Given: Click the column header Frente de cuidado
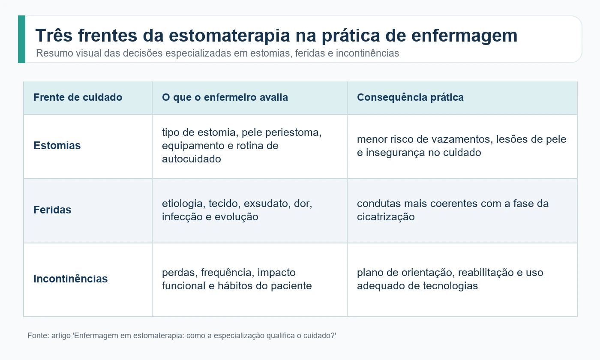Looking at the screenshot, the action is point(78,97).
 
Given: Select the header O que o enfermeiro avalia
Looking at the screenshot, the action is point(225,97).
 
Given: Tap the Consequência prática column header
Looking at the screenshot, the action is point(411,97).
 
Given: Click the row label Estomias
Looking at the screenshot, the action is point(57,145).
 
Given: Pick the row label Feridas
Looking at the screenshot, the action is point(52,210).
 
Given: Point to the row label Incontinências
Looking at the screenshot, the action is point(71,279).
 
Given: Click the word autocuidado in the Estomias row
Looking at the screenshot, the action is point(192,159).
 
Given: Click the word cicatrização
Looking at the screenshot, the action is point(386,217).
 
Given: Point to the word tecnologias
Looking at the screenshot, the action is point(450,286).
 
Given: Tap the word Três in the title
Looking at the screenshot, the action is point(54,35).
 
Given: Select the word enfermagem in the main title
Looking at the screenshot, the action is point(464,36).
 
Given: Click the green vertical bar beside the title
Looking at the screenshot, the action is point(22,39).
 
